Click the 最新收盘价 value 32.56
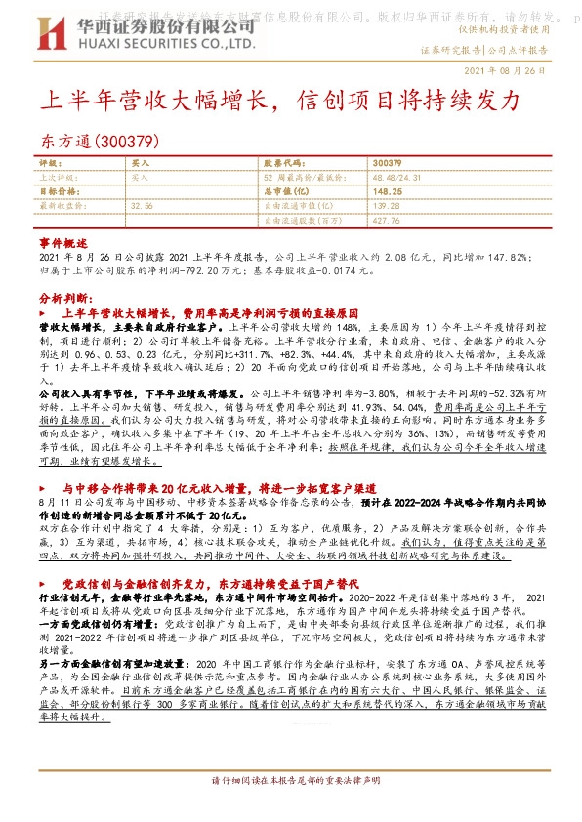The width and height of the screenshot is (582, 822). (x=142, y=207)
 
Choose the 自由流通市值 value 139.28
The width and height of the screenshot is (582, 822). (x=387, y=207)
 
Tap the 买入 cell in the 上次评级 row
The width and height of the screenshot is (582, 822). (x=140, y=178)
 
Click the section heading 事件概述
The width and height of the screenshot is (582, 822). (x=59, y=242)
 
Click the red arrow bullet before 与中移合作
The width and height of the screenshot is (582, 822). (x=44, y=485)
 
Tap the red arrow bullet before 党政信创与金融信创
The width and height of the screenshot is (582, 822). (x=44, y=581)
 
